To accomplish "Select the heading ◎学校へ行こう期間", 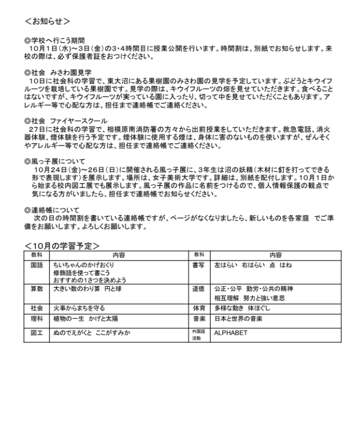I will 55,40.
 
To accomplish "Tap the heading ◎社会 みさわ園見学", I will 58,72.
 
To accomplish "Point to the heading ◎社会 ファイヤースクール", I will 66,120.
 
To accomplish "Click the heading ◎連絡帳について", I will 52,209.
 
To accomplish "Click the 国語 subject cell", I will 36,265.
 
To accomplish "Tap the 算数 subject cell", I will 36,289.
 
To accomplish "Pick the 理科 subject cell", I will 36,318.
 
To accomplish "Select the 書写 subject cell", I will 198,265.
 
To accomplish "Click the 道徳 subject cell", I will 198,289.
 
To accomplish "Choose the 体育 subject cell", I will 198,308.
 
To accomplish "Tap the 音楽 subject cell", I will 198,318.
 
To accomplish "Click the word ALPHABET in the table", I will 230,332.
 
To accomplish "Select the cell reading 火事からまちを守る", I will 79,308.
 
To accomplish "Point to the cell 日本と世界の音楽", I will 239,318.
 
